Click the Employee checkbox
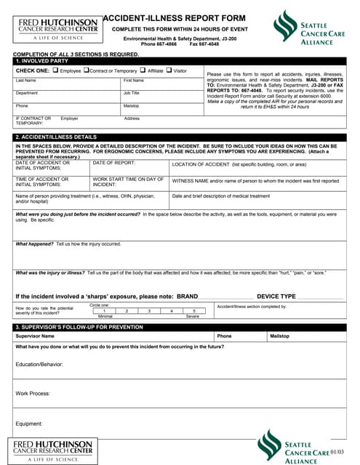click(56, 70)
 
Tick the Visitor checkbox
click(169, 70)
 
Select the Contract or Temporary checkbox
click(87, 70)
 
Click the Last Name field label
click(25, 81)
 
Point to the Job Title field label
click(132, 93)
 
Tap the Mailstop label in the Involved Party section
click(132, 105)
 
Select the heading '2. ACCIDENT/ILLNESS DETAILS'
click(56, 137)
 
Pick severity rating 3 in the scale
click(149, 311)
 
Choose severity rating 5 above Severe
click(194, 311)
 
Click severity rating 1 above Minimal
click(104, 311)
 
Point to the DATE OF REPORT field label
click(114, 163)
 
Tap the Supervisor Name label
click(35, 336)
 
